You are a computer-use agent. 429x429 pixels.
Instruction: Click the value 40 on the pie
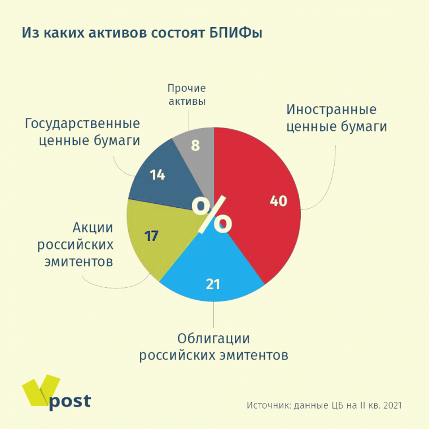[x=278, y=202]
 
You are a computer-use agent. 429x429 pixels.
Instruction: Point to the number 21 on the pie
[x=213, y=284]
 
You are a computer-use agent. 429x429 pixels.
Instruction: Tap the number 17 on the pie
[x=151, y=236]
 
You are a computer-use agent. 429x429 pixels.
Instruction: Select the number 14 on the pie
[x=157, y=175]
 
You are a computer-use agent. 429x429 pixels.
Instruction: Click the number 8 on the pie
[x=195, y=146]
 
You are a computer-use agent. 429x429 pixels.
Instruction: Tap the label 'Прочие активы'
[x=187, y=95]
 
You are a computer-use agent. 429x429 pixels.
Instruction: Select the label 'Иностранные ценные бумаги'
[x=336, y=118]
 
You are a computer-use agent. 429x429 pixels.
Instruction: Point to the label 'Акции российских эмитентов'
[x=76, y=244]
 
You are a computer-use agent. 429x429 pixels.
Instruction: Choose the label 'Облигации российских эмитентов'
[x=214, y=347]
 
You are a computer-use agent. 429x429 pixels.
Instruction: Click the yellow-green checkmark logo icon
[x=40, y=389]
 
